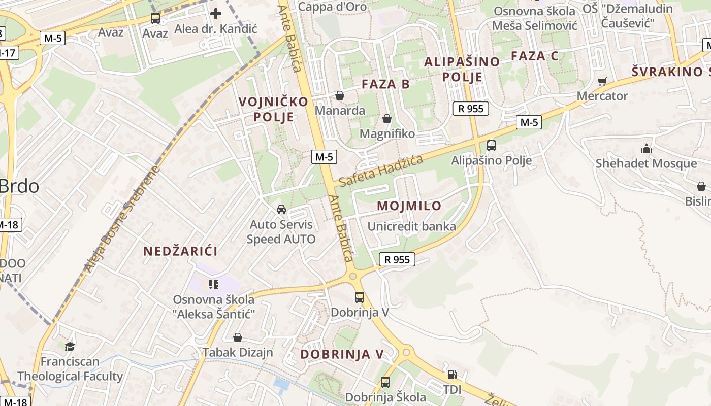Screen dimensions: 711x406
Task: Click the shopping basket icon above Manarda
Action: pos(340,95)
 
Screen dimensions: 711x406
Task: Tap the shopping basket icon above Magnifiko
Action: pos(387,119)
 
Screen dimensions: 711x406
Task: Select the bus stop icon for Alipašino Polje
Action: pos(491,146)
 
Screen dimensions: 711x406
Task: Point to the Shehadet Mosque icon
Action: pos(647,149)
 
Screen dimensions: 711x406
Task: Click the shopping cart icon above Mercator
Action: pos(602,81)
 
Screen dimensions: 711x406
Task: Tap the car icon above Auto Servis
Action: pos(281,209)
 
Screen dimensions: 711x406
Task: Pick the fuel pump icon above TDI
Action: pos(451,375)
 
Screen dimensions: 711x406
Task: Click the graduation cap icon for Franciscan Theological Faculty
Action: pos(70,346)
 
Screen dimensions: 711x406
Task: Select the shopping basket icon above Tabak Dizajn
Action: pos(237,337)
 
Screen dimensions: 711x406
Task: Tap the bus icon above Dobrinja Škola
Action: pos(385,382)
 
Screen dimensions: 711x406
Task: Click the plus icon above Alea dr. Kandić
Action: pos(216,13)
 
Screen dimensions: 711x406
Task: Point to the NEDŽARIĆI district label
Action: pos(180,251)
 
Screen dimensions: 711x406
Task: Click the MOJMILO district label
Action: pos(409,206)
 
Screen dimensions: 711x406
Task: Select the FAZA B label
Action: pos(385,84)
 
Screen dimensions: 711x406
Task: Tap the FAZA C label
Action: pos(534,56)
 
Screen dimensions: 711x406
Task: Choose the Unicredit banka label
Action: pos(411,226)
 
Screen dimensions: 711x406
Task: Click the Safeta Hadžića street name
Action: pos(381,172)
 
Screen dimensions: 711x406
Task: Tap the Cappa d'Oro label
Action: pos(332,7)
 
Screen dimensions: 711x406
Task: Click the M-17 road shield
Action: pos(9,52)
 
